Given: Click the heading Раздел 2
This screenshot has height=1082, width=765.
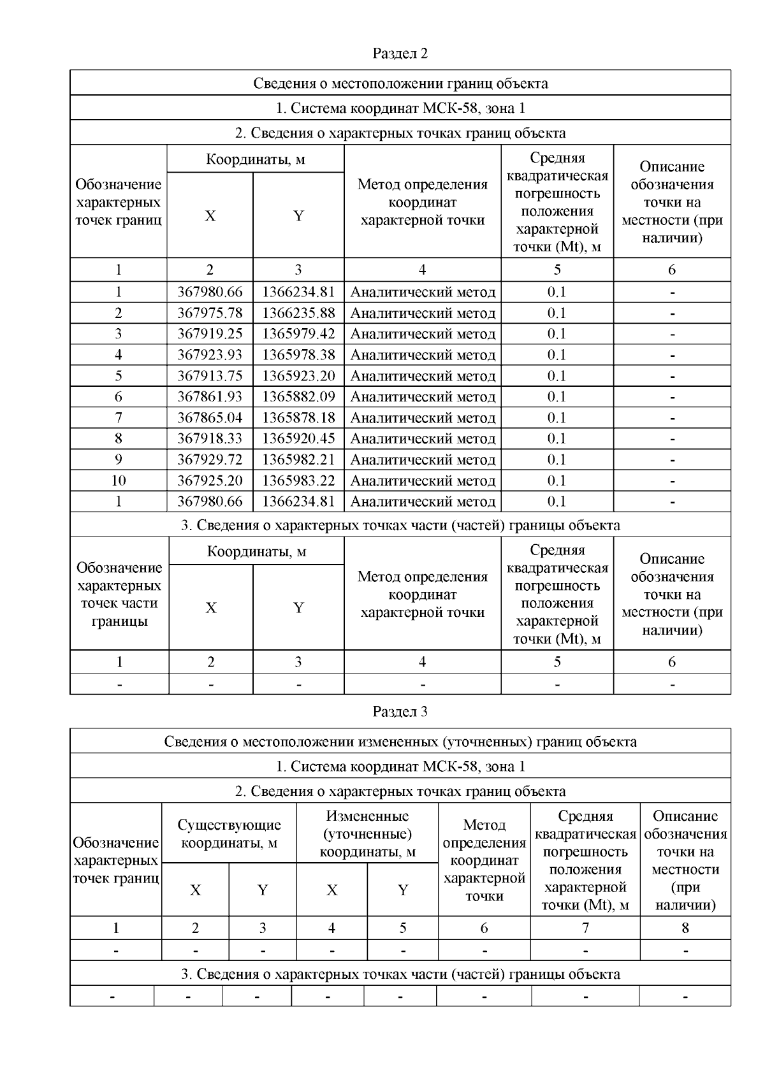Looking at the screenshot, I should point(400,54).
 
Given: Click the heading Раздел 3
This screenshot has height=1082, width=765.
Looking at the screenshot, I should point(400,712).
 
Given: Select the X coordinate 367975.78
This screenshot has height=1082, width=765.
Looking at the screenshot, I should point(210,313).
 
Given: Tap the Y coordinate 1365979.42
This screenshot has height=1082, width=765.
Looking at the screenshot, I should point(298,334).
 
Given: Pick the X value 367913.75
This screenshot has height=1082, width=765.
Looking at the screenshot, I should point(210,375).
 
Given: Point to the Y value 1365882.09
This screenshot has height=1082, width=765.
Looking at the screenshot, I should point(298,396).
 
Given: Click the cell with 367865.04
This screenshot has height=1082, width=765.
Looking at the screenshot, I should point(210,417).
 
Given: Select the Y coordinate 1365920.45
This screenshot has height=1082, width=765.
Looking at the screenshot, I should point(298,438).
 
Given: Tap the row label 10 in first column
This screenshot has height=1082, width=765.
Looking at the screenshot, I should point(119,480).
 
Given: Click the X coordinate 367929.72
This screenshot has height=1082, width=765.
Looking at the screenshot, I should point(210,459).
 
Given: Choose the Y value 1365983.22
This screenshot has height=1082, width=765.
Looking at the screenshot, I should point(298,480).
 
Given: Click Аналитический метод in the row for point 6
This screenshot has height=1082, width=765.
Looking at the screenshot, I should point(423,396).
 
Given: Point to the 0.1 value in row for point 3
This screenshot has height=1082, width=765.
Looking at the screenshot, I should point(557,334).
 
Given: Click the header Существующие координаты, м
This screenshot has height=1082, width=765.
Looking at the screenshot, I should point(229,833).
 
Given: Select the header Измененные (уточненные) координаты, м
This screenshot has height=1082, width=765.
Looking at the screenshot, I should point(367,833).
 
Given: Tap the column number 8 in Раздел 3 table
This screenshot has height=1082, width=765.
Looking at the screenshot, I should point(685,928).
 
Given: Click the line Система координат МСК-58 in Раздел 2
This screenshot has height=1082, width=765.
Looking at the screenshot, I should point(400,108).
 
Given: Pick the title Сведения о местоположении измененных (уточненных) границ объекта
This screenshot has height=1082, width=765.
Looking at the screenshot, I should point(400,741).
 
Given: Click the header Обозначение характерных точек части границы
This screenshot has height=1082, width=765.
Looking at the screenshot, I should point(119,594).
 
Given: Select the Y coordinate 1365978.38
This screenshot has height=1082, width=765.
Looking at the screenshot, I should point(298,355).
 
